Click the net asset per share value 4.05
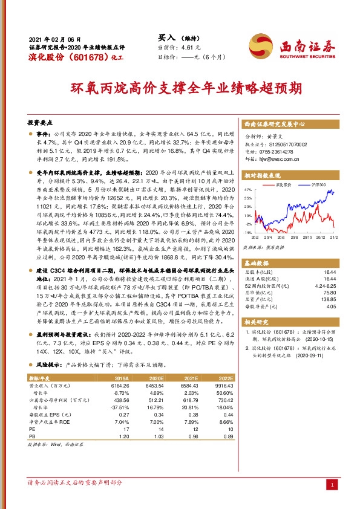coord(330,306)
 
